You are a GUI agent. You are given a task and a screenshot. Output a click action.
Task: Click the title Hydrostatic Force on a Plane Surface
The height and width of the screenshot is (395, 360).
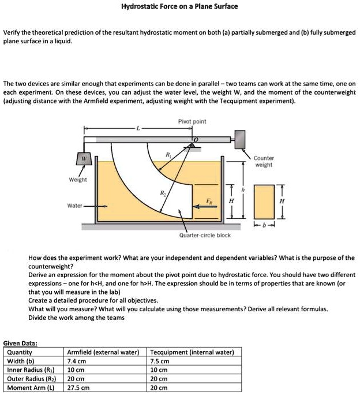tap(179, 6)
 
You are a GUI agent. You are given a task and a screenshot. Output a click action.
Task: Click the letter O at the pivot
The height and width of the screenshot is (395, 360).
tap(196, 140)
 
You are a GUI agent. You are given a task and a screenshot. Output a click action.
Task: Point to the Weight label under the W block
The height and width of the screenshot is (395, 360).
tap(78, 180)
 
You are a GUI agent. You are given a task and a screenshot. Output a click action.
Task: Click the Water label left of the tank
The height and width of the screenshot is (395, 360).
tap(75, 206)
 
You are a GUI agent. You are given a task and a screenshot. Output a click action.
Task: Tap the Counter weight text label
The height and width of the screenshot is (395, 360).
tap(264, 161)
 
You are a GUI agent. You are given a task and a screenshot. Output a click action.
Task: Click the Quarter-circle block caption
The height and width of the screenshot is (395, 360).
tap(205, 236)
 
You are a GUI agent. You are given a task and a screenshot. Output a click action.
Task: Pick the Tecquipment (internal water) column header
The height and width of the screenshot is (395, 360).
tap(192, 352)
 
